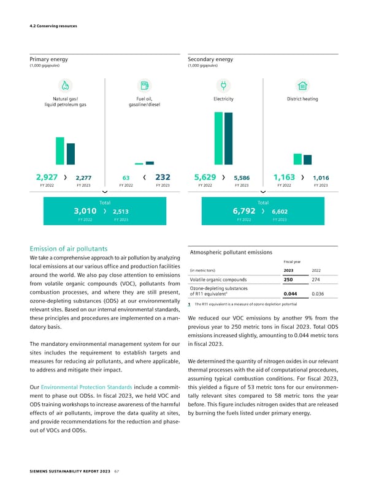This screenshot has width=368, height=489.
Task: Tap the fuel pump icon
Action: point(144,85)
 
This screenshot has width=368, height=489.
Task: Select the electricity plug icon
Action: point(223,85)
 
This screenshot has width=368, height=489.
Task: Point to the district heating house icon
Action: point(302,85)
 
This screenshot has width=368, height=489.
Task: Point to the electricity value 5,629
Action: point(204,177)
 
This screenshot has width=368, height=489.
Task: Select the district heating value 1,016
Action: point(321,178)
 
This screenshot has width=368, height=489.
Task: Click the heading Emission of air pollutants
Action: point(69,249)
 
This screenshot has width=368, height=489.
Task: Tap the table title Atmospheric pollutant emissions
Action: point(233,252)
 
